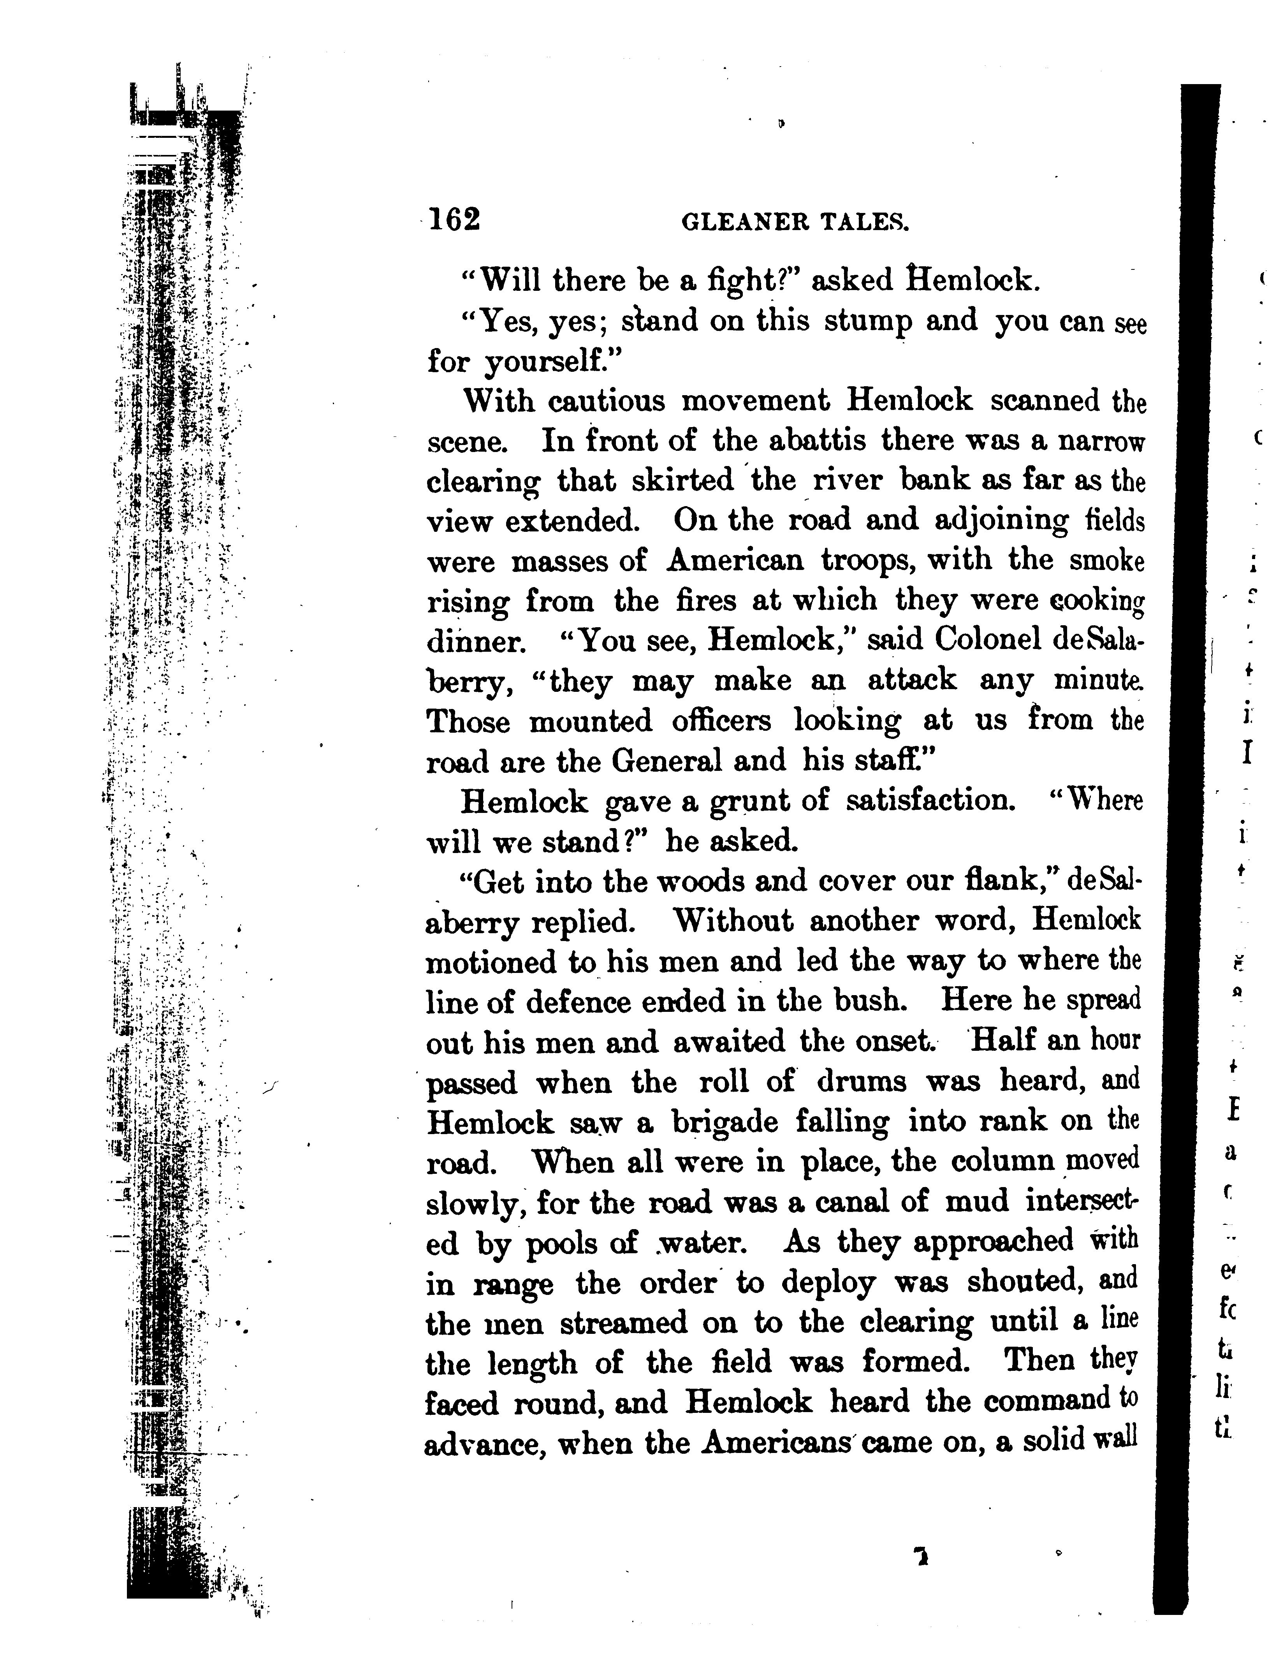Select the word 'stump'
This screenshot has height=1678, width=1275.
(x=868, y=322)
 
